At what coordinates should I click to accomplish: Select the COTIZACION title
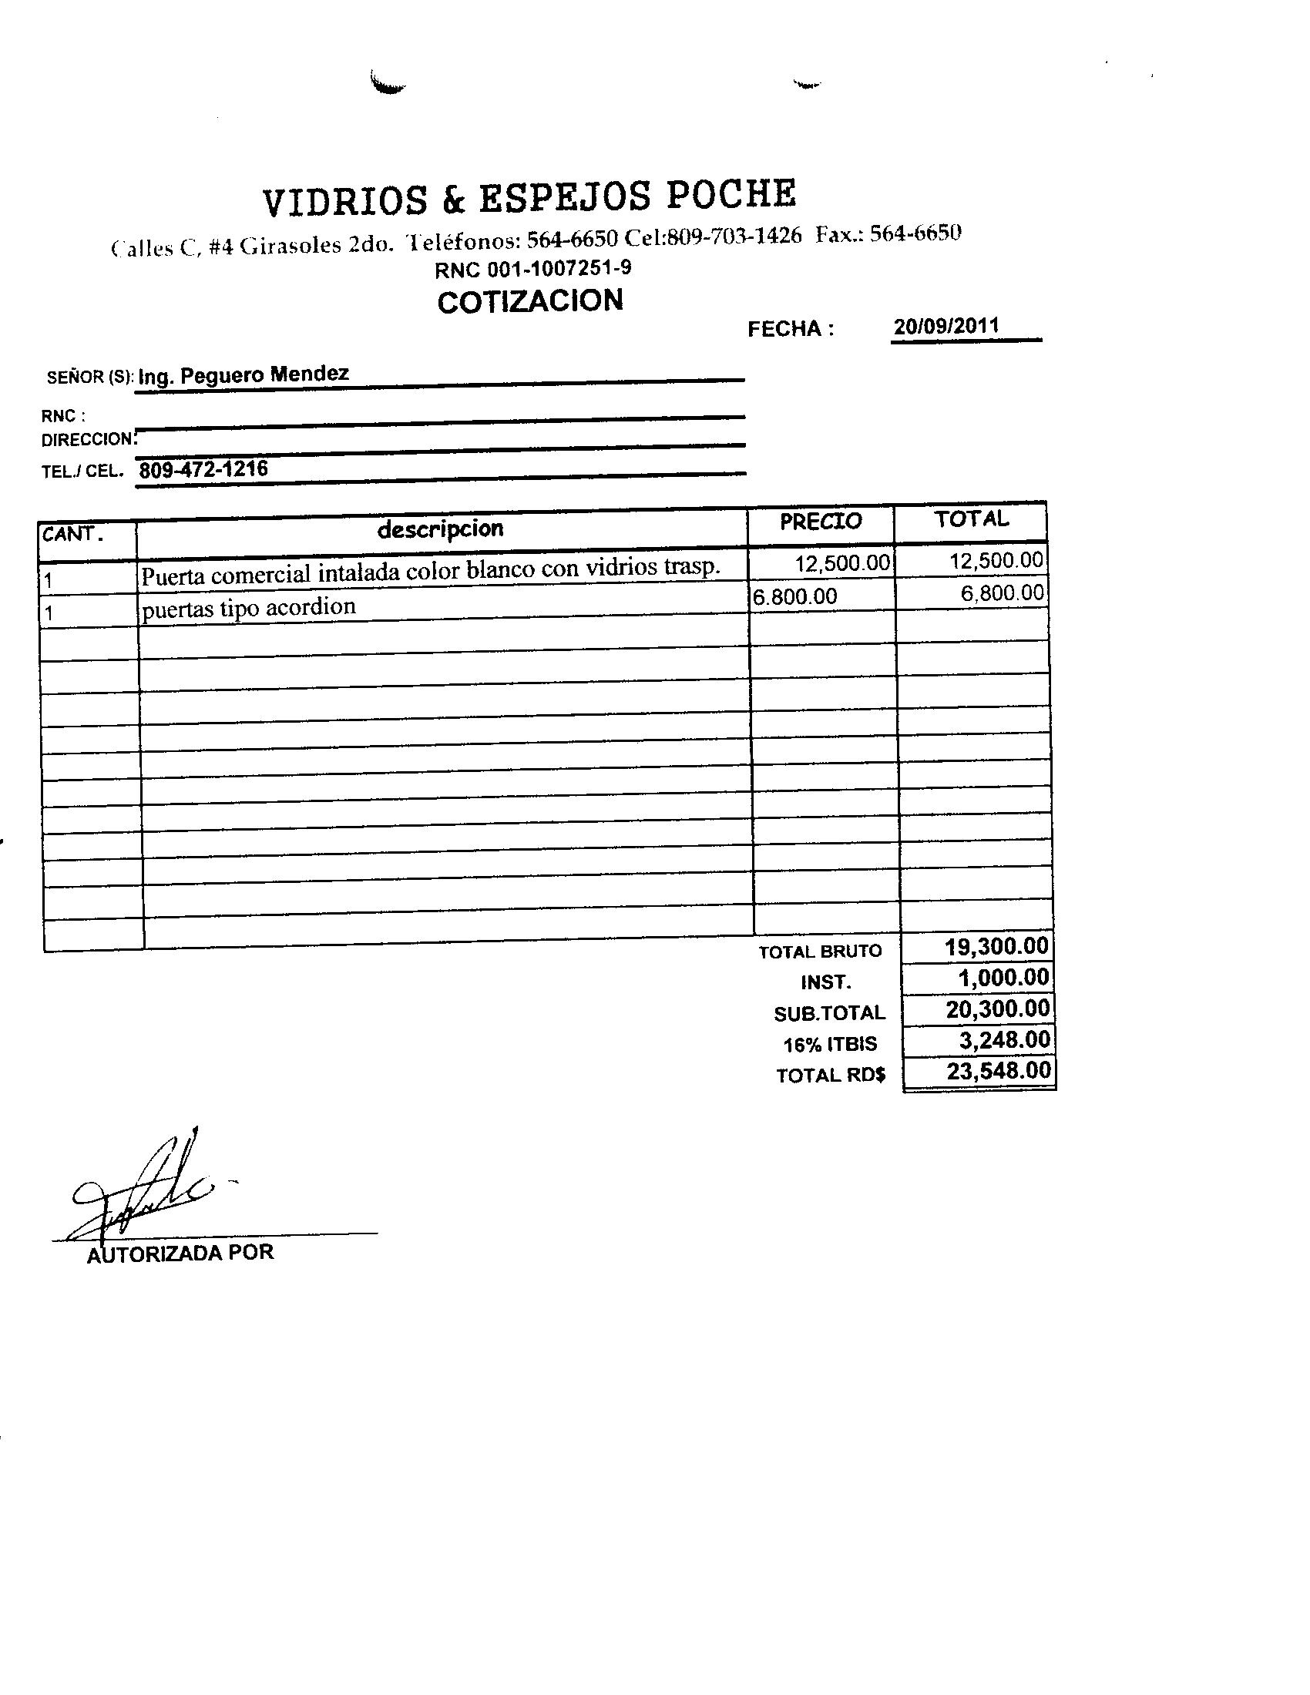pos(530,301)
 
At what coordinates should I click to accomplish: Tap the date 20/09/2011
pos(946,326)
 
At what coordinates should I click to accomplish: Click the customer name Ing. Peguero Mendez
pos(244,375)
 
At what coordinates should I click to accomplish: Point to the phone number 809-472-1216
pos(203,468)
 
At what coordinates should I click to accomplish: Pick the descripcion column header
pos(440,529)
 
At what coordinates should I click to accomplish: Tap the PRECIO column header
pos(821,521)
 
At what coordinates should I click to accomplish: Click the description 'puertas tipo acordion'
pos(248,607)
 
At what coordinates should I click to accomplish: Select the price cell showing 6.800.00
pos(794,596)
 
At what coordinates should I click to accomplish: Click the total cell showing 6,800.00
pos(1001,594)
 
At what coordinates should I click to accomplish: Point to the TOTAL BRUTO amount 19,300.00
pos(996,946)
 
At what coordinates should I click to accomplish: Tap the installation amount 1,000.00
pos(1003,977)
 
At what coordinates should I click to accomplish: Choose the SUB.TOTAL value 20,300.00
pos(997,1009)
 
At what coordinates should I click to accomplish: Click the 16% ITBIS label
pos(830,1045)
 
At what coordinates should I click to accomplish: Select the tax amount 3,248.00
pos(1004,1039)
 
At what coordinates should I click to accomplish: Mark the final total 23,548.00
pos(998,1071)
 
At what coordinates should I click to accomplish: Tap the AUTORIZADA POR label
pos(180,1253)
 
